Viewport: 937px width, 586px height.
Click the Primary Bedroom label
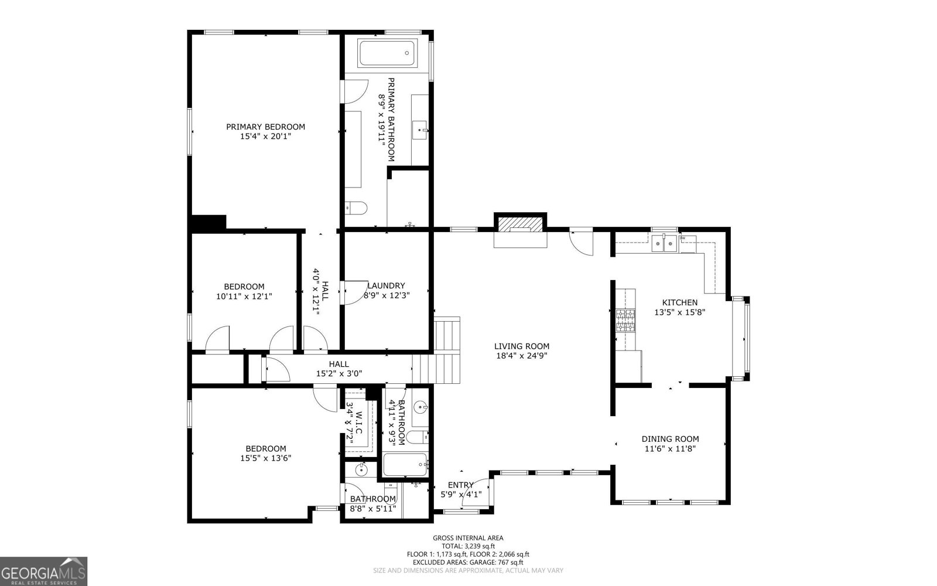tap(265, 127)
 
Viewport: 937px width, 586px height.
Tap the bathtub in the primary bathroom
tap(387, 53)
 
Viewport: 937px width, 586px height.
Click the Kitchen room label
tap(679, 302)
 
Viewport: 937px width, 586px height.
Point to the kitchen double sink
tap(663, 243)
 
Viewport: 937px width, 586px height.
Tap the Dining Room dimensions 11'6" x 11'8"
tap(670, 449)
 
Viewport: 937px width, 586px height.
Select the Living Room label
tap(521, 346)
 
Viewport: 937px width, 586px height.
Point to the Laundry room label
tap(386, 286)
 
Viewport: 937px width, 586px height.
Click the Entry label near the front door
tap(460, 485)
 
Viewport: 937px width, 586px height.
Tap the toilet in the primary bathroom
tap(355, 207)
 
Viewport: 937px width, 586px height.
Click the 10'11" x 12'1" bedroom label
tap(244, 287)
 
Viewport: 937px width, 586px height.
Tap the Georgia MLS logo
tap(43, 571)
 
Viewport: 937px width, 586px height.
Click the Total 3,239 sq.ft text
tap(468, 546)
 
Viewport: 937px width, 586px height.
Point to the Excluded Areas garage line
tap(468, 562)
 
